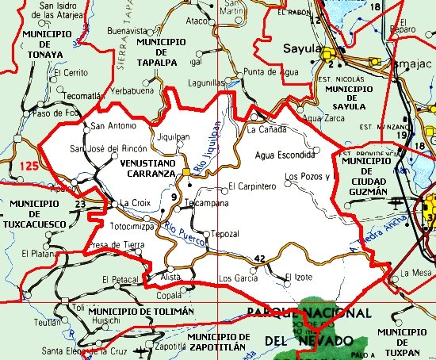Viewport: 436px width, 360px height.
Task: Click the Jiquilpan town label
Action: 174,136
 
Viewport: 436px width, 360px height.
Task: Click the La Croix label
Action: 134,204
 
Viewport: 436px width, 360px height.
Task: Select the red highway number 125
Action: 29,166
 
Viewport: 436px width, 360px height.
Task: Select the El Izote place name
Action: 299,276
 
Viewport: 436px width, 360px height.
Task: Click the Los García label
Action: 238,278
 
